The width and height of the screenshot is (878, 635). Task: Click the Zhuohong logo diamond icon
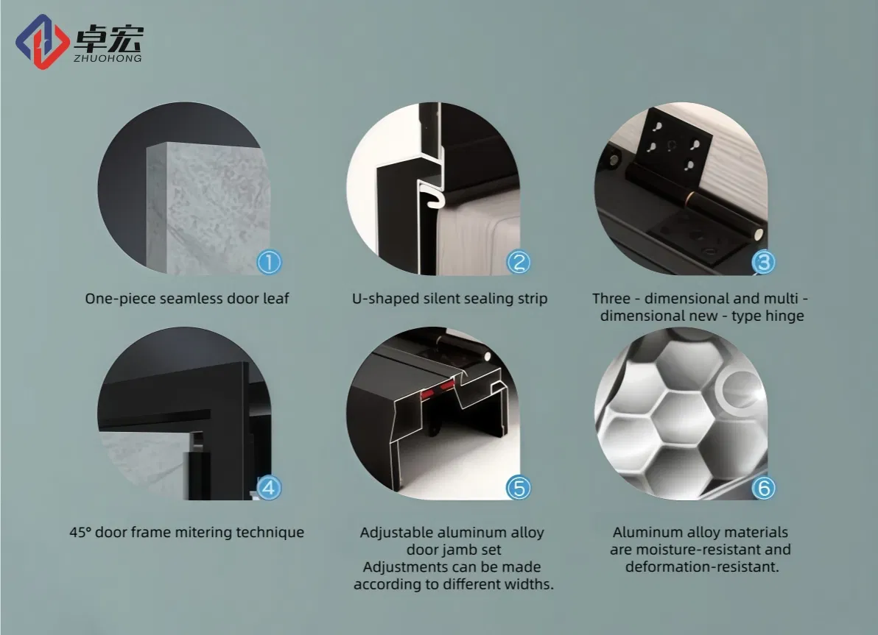43,41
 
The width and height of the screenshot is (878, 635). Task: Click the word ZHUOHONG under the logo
108,58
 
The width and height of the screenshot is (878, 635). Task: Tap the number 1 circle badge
269,261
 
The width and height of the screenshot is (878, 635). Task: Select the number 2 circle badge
519,261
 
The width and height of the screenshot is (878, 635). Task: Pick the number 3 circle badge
763,262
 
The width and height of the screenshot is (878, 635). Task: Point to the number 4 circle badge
269,487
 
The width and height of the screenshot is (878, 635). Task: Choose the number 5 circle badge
519,487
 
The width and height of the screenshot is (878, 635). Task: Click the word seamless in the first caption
186,299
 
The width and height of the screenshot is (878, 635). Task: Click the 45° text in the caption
80,532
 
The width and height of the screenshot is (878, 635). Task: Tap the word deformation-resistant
702,567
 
